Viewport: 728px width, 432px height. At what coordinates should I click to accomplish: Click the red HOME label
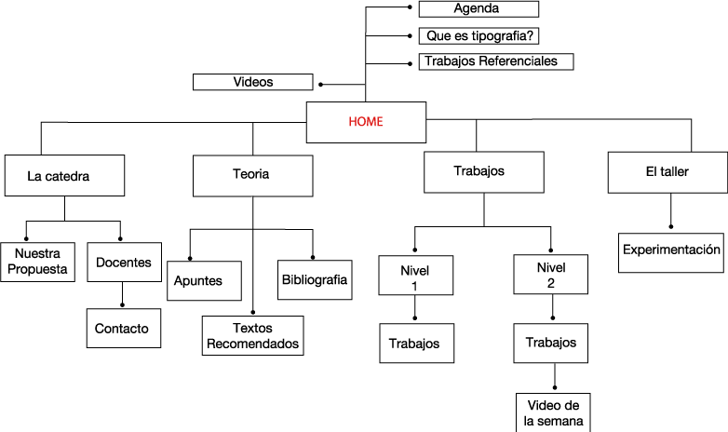[365, 121]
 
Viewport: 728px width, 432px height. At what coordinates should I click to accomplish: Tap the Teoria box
[251, 173]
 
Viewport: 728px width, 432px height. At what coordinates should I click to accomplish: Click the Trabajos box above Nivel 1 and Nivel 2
[479, 171]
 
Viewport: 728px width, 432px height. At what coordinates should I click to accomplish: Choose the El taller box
[667, 171]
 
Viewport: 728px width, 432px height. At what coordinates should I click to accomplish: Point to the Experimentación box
[671, 250]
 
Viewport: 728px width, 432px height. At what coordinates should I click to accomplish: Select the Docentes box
[124, 263]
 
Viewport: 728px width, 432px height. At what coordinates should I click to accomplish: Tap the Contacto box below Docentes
[122, 328]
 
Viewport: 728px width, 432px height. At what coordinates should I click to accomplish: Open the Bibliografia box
[315, 279]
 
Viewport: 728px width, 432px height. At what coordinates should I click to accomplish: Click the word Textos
[252, 328]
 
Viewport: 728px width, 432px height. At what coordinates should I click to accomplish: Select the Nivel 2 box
[550, 275]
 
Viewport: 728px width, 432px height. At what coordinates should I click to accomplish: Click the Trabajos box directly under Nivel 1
[415, 344]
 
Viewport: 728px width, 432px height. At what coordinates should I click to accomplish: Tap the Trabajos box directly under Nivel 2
[551, 343]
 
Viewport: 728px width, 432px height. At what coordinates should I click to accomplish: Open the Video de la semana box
[553, 412]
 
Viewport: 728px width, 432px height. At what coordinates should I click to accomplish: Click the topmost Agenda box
[477, 8]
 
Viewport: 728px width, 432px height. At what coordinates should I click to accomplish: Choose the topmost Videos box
[253, 82]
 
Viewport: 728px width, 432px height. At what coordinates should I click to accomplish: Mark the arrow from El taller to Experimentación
[671, 213]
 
